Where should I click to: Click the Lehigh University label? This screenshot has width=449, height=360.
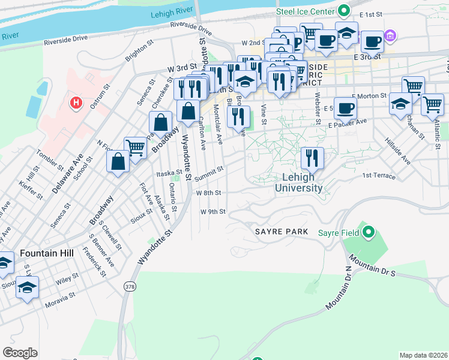tap(298, 182)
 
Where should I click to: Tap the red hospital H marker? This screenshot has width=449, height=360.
tap(76, 103)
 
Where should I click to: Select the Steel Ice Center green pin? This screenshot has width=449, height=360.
tap(344, 10)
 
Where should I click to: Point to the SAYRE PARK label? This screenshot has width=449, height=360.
tap(281, 232)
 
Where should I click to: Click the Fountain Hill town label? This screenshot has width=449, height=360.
tap(47, 253)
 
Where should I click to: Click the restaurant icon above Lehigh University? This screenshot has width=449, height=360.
tap(312, 158)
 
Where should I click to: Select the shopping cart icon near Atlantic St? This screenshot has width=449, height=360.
tap(432, 104)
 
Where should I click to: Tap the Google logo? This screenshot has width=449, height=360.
tap(20, 353)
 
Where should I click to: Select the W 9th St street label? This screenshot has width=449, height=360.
tap(213, 212)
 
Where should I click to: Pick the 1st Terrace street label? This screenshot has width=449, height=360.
tap(379, 176)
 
